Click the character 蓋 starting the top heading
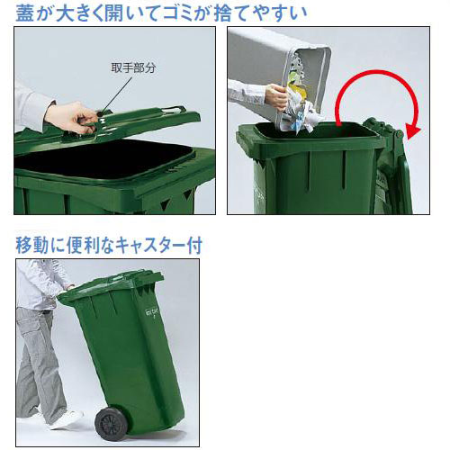(26, 12)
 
